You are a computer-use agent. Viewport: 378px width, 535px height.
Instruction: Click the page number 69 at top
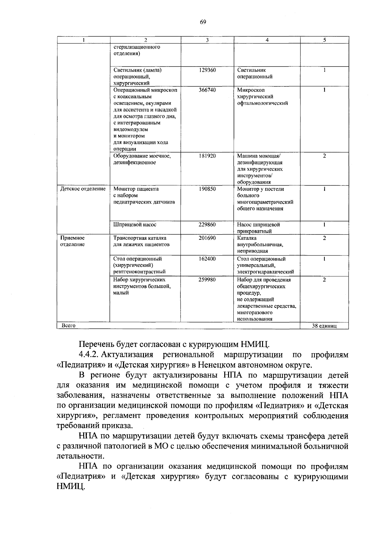coord(203,22)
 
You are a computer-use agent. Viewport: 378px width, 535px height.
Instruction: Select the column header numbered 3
coord(207,40)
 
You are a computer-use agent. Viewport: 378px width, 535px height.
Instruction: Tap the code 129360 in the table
coord(207,70)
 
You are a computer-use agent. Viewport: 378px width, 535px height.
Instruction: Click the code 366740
coord(207,90)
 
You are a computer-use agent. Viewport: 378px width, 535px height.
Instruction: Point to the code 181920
coord(207,156)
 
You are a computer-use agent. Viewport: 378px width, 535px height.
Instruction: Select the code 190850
coord(207,189)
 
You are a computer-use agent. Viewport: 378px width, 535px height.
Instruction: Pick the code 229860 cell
coord(207,225)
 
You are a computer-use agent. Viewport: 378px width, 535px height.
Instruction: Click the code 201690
coord(207,238)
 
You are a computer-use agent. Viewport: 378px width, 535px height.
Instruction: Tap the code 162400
coord(207,259)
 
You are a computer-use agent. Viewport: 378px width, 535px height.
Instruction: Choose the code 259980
coord(207,279)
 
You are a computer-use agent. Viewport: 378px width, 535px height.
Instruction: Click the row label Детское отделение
coord(83,189)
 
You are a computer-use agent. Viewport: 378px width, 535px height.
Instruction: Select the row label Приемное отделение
coord(72,241)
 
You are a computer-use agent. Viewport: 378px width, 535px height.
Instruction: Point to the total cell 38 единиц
coord(324,326)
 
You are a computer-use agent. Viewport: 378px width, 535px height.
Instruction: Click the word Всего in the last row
coord(68,325)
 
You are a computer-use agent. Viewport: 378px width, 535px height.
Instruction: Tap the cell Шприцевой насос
coord(135,225)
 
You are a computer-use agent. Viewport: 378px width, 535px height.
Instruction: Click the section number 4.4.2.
coord(89,355)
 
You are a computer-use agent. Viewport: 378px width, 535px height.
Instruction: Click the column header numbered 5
coord(324,40)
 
